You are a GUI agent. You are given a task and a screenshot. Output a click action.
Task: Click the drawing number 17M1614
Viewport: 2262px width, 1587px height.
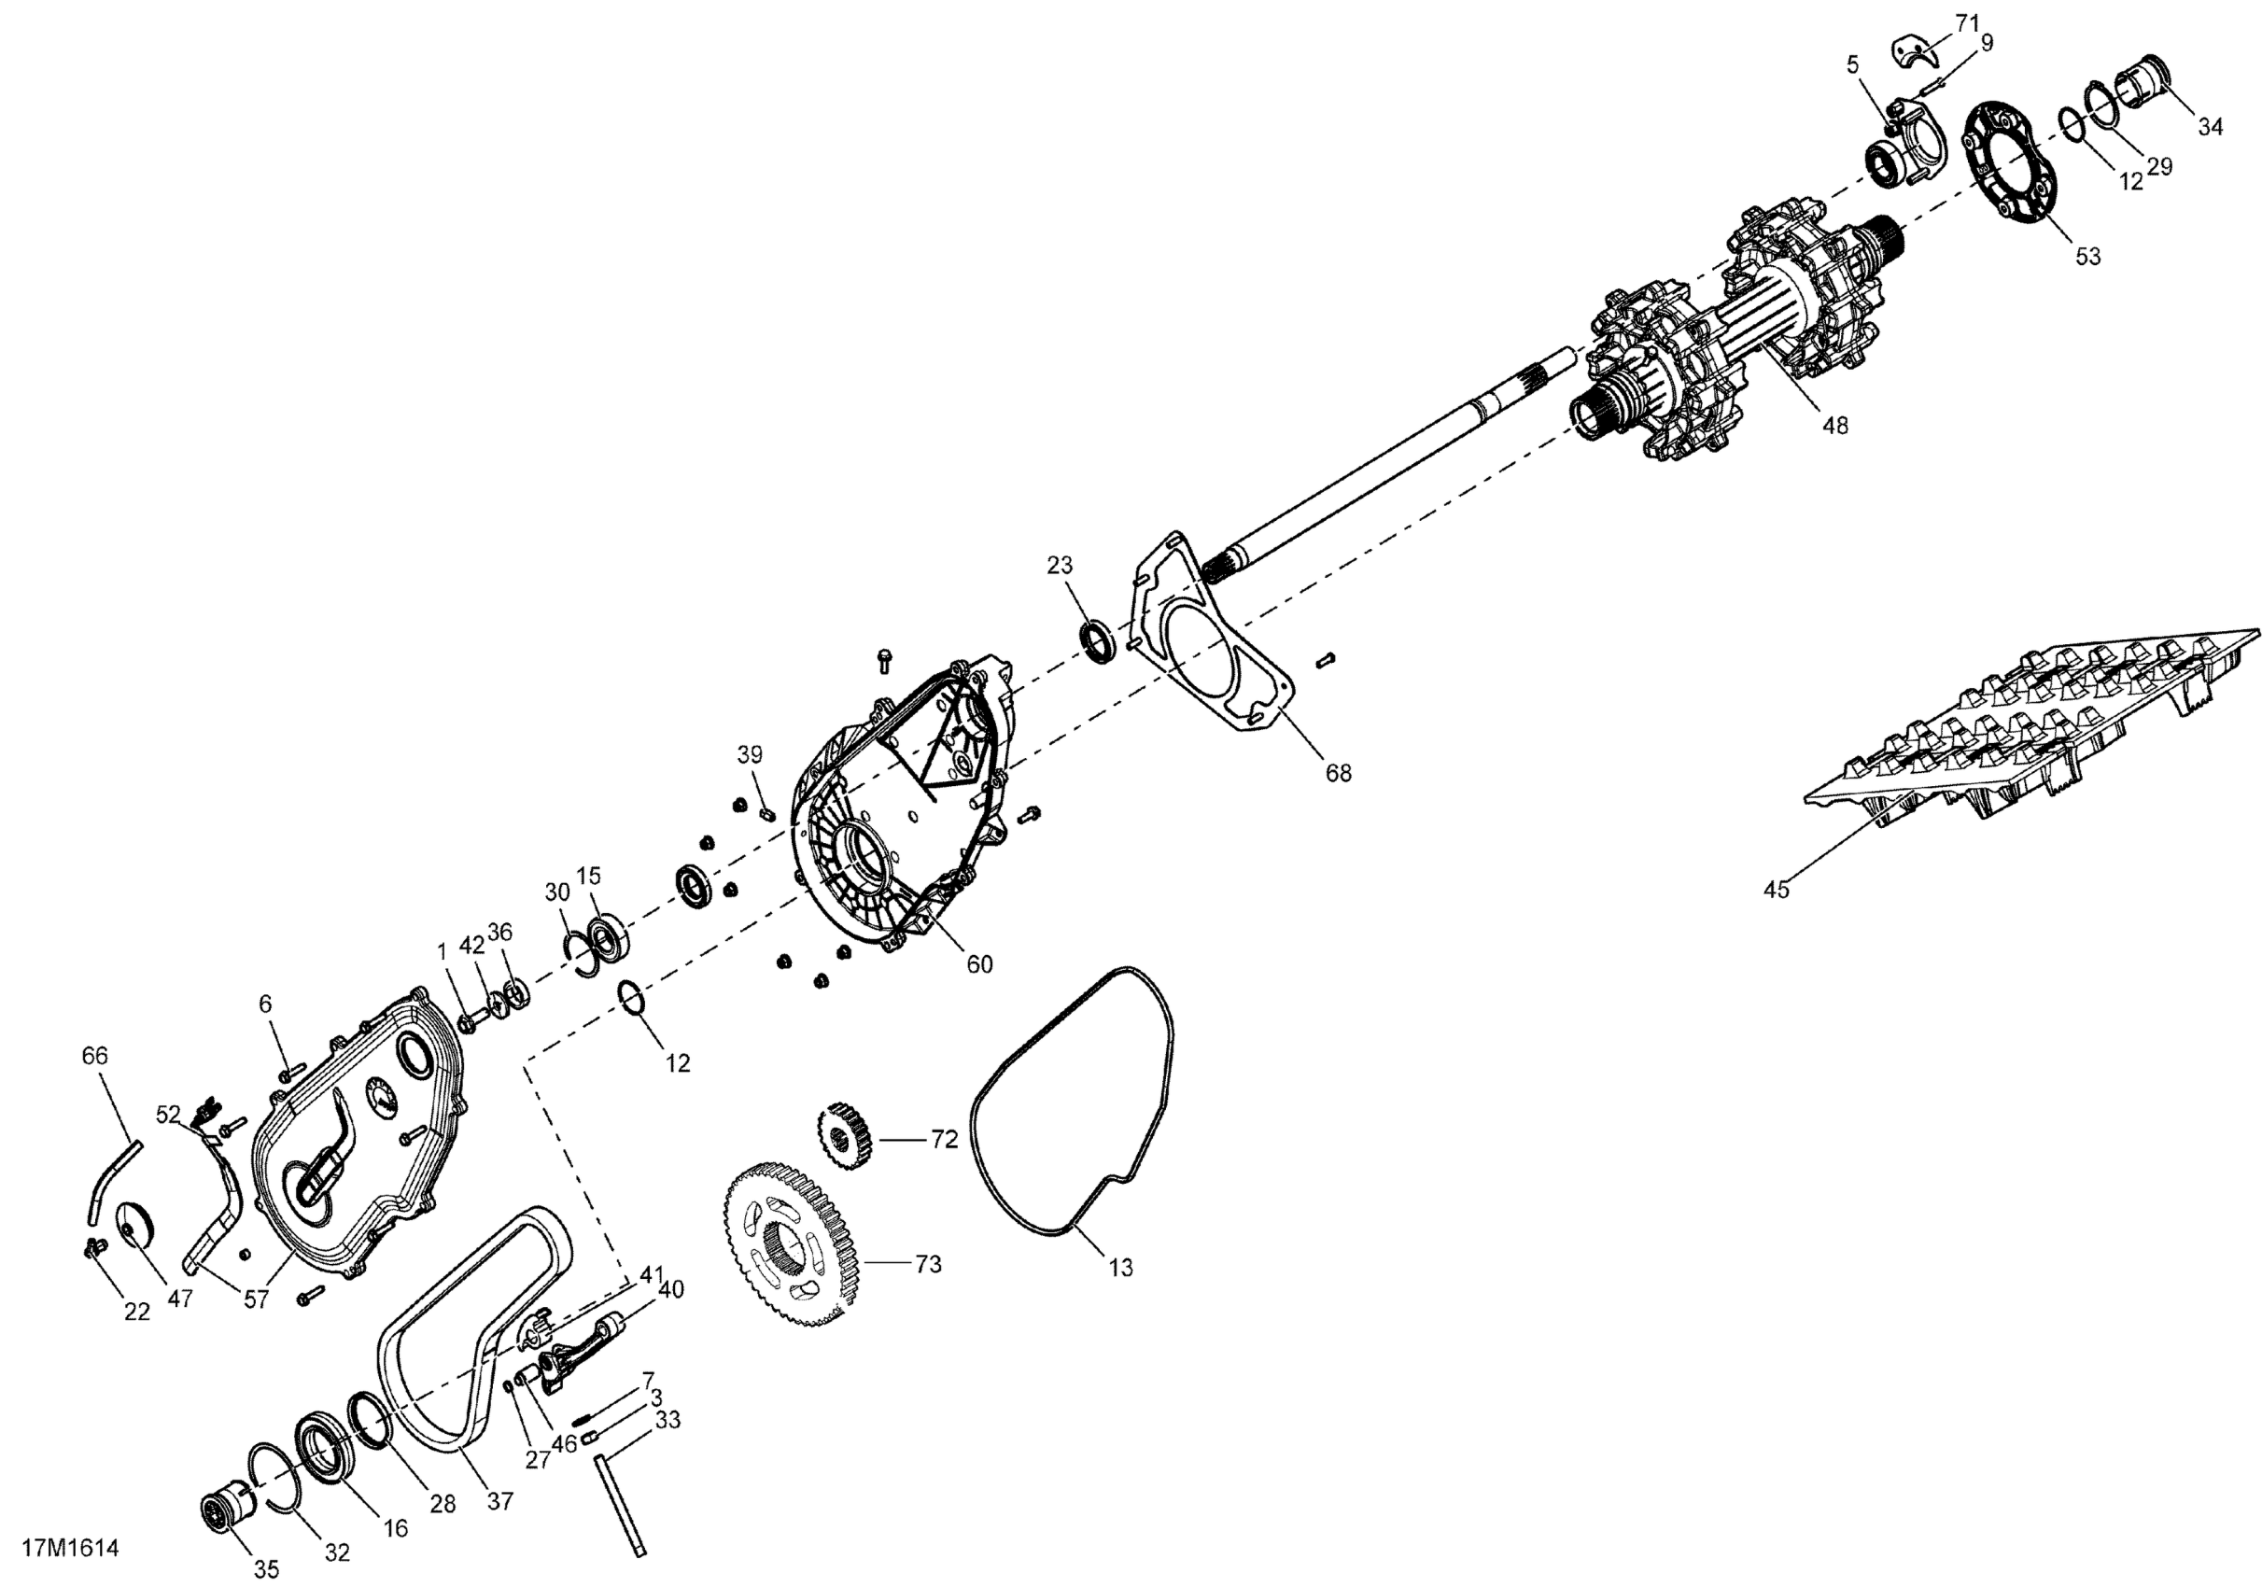pyautogui.click(x=70, y=1548)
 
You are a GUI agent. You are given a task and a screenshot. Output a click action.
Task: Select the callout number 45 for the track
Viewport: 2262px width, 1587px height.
pyautogui.click(x=1776, y=890)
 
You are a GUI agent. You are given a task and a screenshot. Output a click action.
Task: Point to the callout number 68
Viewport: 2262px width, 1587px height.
pyautogui.click(x=1338, y=773)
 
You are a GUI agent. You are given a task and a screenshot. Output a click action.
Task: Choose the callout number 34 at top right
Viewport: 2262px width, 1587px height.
pyautogui.click(x=2210, y=126)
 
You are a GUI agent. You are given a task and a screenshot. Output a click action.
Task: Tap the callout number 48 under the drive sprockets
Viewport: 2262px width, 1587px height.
pyautogui.click(x=1834, y=426)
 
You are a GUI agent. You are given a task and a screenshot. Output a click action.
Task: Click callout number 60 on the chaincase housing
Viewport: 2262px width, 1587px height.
pyautogui.click(x=978, y=963)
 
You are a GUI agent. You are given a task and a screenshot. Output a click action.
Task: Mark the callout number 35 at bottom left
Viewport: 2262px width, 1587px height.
pyautogui.click(x=266, y=1568)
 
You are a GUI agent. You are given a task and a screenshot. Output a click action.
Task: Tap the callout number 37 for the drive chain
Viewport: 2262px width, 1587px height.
pyautogui.click(x=500, y=1501)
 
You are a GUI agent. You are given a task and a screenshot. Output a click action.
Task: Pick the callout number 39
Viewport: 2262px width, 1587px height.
pyautogui.click(x=750, y=755)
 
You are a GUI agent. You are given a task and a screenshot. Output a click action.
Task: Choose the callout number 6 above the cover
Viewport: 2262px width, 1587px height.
pyautogui.click(x=265, y=1004)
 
